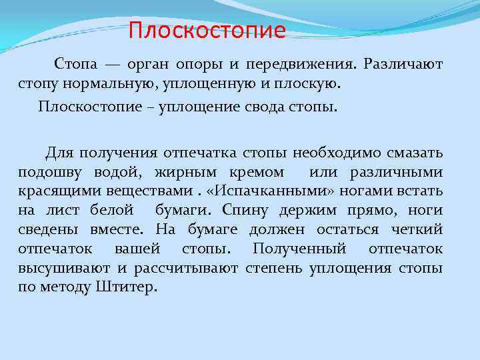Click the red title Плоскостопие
coord(207,31)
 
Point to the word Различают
coord(405,65)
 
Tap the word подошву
coord(45,173)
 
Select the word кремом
coord(258,173)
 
